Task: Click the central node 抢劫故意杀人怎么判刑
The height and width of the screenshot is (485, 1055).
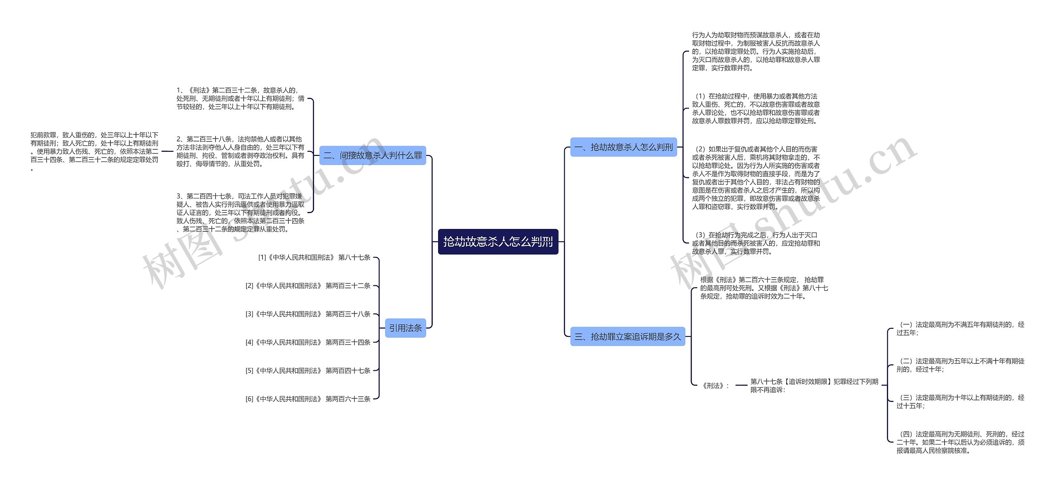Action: (x=498, y=242)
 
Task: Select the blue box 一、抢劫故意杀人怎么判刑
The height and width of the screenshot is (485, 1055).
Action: (x=623, y=147)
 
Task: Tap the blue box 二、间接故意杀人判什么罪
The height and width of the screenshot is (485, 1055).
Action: (x=373, y=155)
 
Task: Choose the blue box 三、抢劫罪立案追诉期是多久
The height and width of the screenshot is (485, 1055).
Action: (x=627, y=337)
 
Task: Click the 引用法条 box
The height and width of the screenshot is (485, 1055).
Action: (x=406, y=328)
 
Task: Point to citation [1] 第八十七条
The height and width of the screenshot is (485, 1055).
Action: (x=314, y=257)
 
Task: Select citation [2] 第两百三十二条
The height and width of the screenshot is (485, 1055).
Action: (x=308, y=286)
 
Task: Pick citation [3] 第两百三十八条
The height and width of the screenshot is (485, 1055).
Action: (x=308, y=314)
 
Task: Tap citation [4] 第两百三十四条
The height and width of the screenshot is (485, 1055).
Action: (x=308, y=342)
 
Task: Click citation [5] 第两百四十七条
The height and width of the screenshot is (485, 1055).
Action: (x=308, y=371)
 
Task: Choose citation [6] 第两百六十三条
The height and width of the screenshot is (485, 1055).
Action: (x=308, y=399)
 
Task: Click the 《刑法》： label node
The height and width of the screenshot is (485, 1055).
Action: (x=715, y=386)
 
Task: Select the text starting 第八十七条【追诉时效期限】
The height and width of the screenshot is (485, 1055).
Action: (x=814, y=386)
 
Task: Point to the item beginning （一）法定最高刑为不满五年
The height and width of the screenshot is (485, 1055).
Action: (x=960, y=329)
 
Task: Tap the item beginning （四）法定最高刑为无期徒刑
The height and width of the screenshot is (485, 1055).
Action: (x=960, y=442)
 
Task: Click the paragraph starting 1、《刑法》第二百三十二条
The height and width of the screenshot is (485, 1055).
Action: (x=240, y=99)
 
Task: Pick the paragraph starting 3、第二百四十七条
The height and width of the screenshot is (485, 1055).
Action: (x=240, y=213)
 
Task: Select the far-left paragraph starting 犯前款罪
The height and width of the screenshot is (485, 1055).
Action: (x=94, y=151)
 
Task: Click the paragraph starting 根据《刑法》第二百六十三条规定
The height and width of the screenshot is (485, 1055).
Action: (x=764, y=288)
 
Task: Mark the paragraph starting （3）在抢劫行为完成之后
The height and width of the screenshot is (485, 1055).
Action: (x=756, y=243)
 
